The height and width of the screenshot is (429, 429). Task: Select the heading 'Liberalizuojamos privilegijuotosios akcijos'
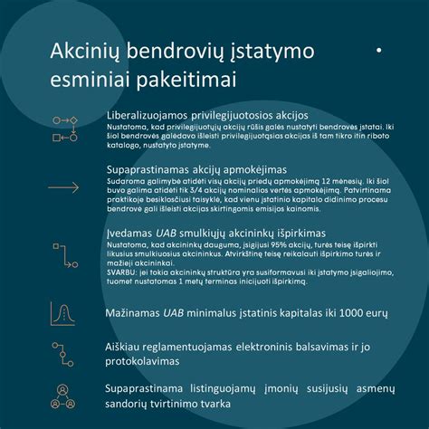pos(206,116)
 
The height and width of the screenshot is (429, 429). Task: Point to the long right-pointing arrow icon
pos(66,176)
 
